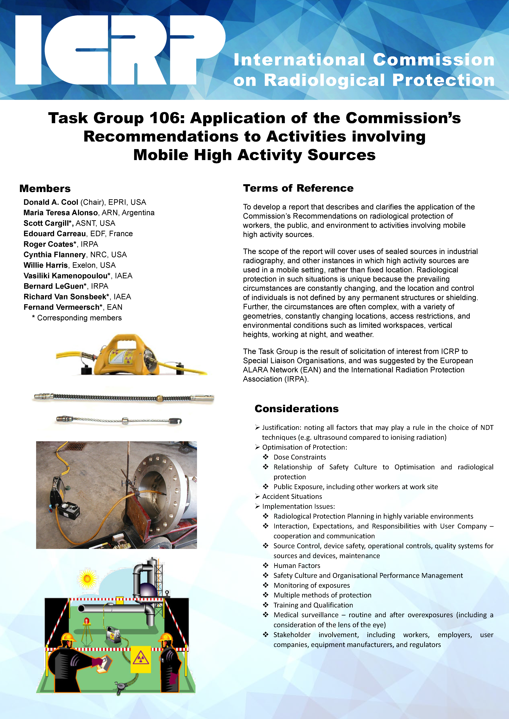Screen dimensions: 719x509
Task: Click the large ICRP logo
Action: click(119, 50)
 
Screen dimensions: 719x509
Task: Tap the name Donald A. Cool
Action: click(51, 202)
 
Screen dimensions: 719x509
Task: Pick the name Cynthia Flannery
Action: click(54, 255)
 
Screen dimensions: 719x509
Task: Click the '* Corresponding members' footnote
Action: click(77, 318)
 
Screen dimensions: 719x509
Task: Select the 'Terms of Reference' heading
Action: click(298, 188)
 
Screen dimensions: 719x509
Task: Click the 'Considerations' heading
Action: click(297, 409)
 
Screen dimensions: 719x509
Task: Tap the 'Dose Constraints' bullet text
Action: click(300, 457)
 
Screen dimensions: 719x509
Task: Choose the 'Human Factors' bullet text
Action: click(297, 566)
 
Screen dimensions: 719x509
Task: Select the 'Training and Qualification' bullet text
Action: click(313, 605)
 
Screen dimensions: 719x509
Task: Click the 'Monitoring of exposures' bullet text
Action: click(312, 585)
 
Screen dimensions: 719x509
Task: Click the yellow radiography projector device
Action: click(119, 355)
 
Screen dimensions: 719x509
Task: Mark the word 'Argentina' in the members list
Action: click(138, 213)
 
